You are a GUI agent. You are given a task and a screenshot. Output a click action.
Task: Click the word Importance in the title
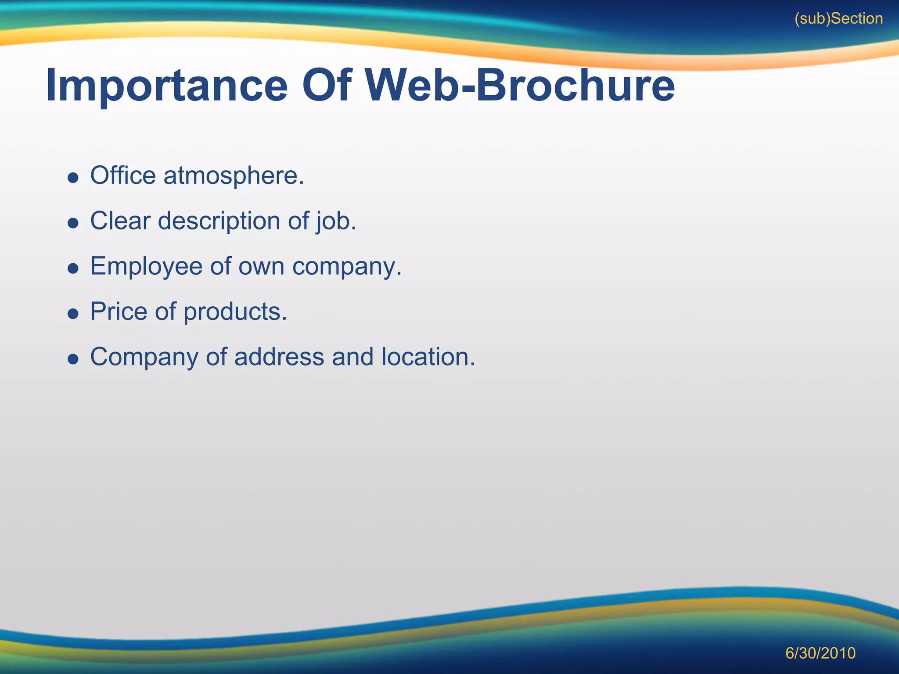(167, 86)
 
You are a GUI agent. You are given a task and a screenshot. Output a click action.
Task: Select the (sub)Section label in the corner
(838, 19)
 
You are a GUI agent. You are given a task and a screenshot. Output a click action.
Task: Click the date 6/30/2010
(820, 653)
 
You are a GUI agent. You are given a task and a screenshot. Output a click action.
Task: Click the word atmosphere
(234, 176)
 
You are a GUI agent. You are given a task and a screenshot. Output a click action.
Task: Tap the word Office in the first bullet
(123, 176)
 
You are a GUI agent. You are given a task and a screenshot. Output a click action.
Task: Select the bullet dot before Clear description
(73, 223)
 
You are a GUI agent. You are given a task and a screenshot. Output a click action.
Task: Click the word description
(219, 221)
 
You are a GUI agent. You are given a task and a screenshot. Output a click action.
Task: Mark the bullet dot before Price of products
(73, 314)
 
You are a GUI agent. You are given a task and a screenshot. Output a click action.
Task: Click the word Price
(119, 312)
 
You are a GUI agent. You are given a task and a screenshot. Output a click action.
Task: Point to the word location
(428, 357)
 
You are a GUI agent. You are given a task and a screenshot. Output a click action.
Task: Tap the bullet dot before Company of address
(73, 359)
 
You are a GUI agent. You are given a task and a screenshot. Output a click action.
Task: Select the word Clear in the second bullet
(120, 221)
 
